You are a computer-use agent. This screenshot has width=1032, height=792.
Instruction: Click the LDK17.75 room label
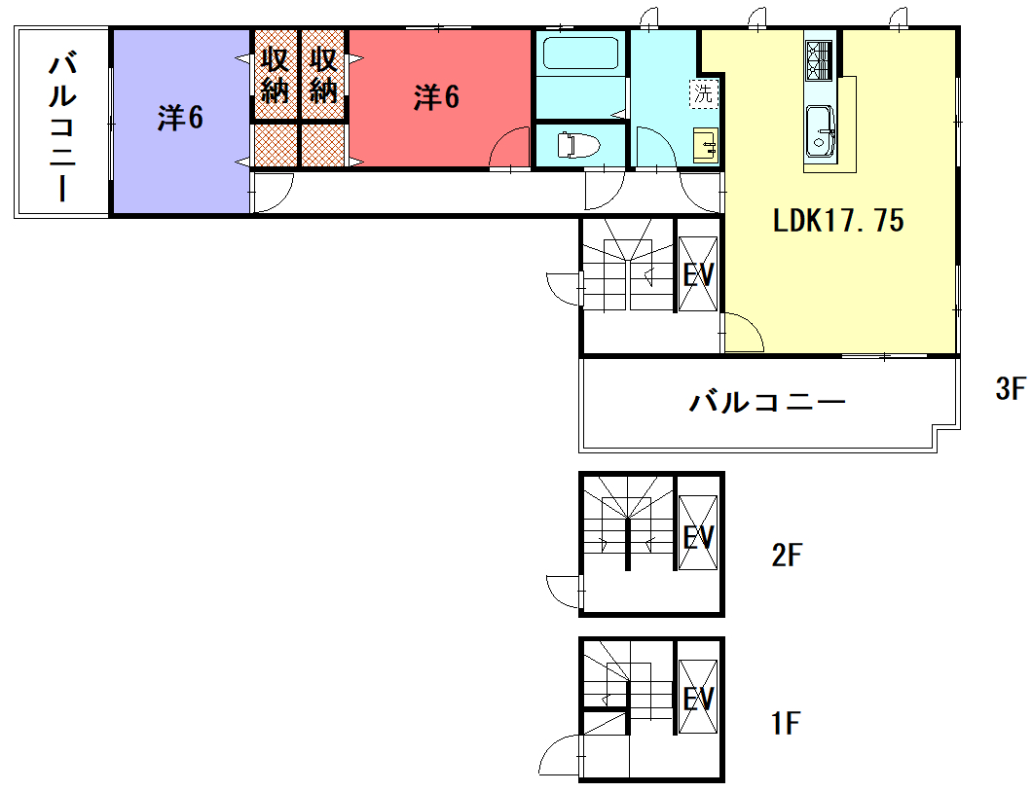tap(838, 221)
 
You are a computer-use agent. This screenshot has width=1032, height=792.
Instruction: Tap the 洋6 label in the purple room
tap(180, 119)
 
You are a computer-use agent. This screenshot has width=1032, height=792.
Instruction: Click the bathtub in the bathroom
tap(581, 54)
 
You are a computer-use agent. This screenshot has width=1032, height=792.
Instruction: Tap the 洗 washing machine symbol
tap(702, 93)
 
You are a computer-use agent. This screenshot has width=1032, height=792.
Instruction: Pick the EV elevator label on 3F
tap(698, 275)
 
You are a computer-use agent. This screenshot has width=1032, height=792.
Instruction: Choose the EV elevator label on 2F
tap(698, 537)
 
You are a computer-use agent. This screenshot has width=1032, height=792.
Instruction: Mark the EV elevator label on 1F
tap(698, 700)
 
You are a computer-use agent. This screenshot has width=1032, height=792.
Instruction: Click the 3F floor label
tap(1011, 390)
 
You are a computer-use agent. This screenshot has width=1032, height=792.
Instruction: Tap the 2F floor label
tap(787, 557)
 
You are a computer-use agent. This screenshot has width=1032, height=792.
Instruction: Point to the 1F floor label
tap(785, 724)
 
